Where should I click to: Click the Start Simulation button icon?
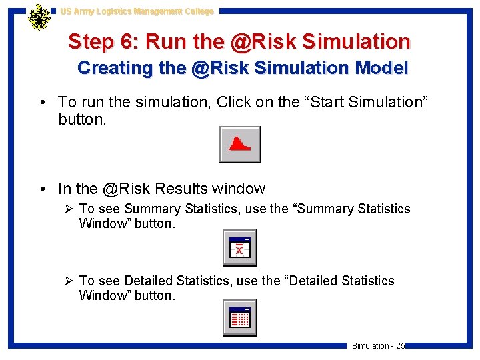click(x=240, y=145)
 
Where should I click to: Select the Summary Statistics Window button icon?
click(x=239, y=248)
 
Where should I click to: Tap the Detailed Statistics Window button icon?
click(x=239, y=318)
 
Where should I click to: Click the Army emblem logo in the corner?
click(x=39, y=18)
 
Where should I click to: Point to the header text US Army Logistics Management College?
click(x=137, y=11)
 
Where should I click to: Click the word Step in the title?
click(x=92, y=42)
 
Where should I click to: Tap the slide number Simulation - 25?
click(x=378, y=345)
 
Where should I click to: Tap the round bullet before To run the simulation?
click(x=43, y=103)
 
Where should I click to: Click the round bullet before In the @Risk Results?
click(x=43, y=189)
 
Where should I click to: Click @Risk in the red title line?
click(x=259, y=42)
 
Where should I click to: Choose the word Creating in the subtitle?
click(x=106, y=68)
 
